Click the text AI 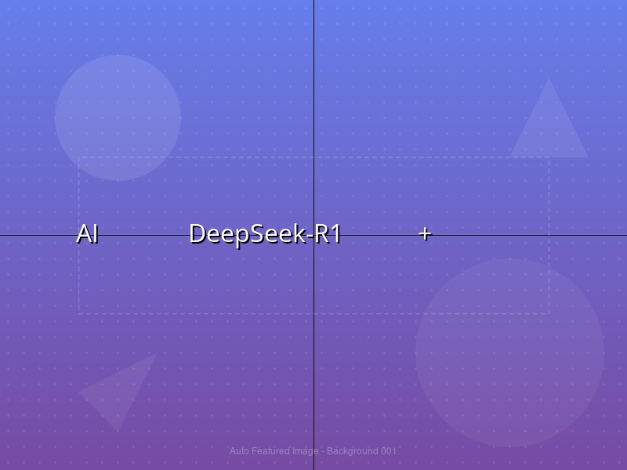88,233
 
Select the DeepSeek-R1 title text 265,234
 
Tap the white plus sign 425,233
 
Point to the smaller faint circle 118,118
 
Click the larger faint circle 509,353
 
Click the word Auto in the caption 239,451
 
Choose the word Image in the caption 306,451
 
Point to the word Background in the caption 352,451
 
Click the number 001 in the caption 388,451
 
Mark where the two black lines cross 314,236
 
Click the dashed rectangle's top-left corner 79,157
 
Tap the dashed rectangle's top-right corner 549,157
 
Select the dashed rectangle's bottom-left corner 79,314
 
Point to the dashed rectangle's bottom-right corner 549,314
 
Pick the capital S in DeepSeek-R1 261,233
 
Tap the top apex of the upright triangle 549,79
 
